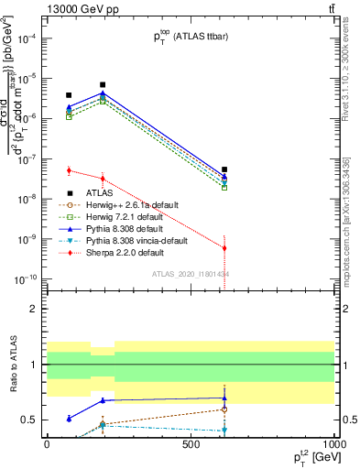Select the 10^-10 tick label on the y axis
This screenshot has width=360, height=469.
point(24,278)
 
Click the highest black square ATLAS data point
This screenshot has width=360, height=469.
point(103,84)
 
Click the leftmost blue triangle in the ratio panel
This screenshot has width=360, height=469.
point(69,419)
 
